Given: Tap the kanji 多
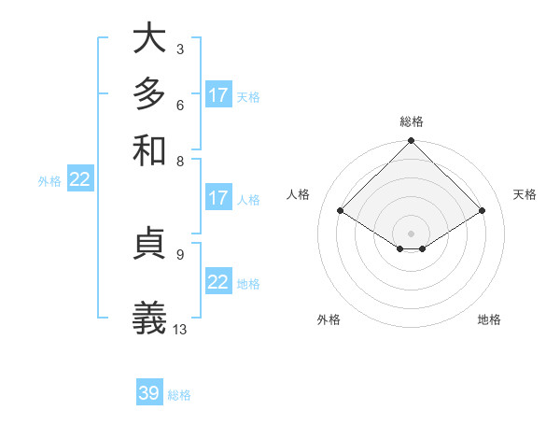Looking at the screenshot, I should (x=149, y=94).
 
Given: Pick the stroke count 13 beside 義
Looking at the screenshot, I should (x=180, y=329).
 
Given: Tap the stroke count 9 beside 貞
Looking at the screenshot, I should (x=179, y=253).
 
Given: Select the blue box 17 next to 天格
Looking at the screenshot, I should (x=218, y=95).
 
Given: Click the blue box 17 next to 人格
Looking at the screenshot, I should (x=218, y=198).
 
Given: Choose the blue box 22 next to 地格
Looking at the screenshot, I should (x=218, y=282).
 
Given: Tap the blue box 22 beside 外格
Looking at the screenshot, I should (x=80, y=180).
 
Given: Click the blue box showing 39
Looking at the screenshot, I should (x=149, y=393).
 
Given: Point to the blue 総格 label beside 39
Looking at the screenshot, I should (x=179, y=395).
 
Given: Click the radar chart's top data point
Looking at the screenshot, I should (x=411, y=142).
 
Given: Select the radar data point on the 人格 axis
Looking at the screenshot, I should (x=341, y=211).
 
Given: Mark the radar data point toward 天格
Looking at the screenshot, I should (x=483, y=211).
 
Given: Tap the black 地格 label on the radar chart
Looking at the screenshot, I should (x=489, y=320).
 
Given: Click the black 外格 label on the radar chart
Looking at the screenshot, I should (x=329, y=320).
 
